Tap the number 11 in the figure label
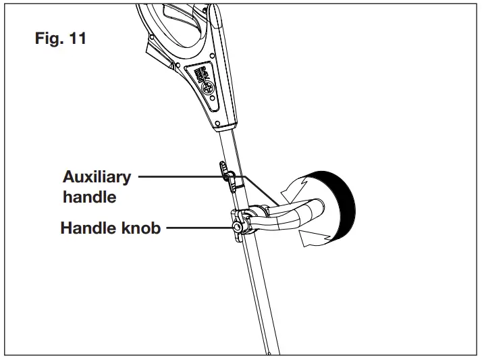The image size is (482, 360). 76,38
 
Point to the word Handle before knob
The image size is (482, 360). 85,229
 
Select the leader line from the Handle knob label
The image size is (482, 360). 196,229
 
